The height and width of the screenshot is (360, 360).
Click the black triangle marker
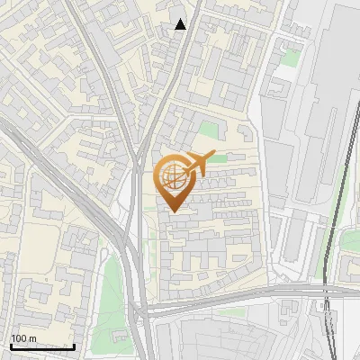[x=181, y=24]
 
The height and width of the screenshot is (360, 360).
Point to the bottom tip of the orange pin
[x=174, y=211]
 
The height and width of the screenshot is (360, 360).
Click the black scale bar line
[x=42, y=346]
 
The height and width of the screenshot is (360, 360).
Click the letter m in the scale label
[x=33, y=339]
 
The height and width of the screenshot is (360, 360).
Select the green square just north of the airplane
[x=209, y=130]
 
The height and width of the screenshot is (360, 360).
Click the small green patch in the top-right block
[x=289, y=58]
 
